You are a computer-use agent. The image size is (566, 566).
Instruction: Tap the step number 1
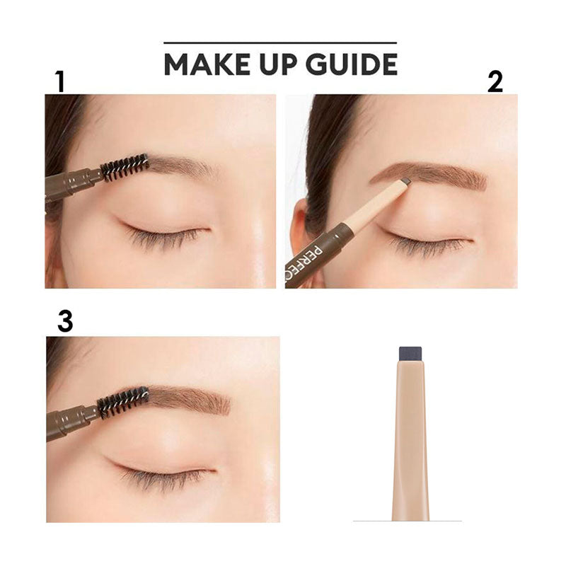(x=59, y=82)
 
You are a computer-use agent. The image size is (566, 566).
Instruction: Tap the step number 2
(x=495, y=82)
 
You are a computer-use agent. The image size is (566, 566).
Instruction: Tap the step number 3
(x=65, y=322)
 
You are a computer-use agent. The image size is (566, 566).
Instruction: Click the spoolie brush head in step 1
(x=125, y=167)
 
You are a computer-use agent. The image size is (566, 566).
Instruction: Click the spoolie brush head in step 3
(x=124, y=401)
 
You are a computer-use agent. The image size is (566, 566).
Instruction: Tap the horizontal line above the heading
(x=280, y=43)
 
